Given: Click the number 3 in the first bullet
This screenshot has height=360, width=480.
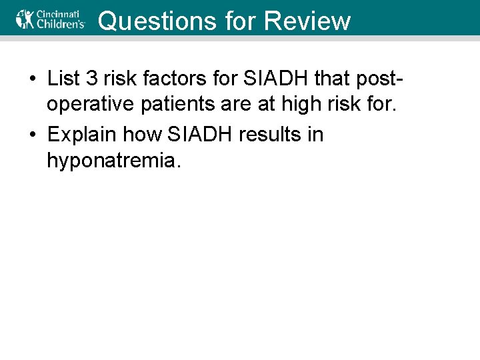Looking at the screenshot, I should click(90, 79).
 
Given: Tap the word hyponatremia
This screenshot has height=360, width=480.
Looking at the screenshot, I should click(114, 161).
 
